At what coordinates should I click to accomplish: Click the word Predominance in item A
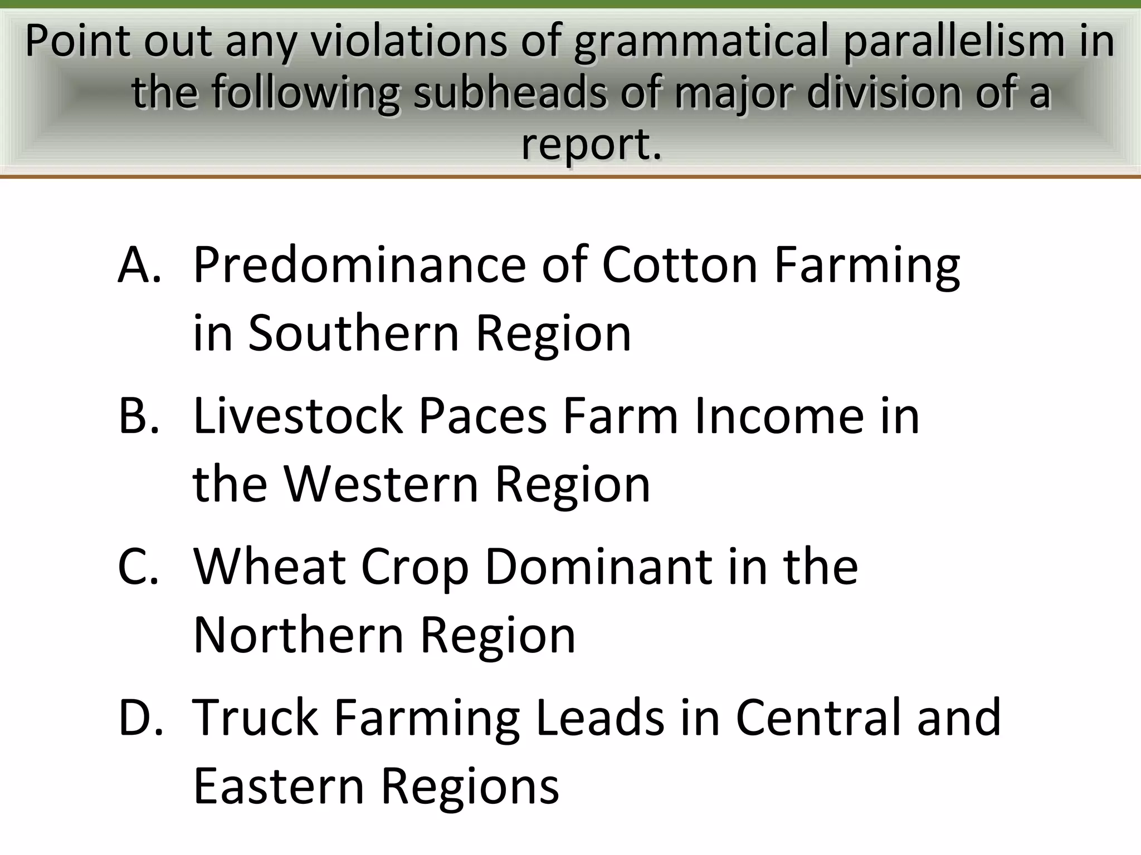click(x=359, y=265)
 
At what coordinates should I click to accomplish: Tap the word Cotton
click(x=680, y=265)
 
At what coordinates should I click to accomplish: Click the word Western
click(x=381, y=484)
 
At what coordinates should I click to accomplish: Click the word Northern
click(x=298, y=635)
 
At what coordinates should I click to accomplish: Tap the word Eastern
click(x=279, y=786)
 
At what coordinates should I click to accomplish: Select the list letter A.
click(x=139, y=265)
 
